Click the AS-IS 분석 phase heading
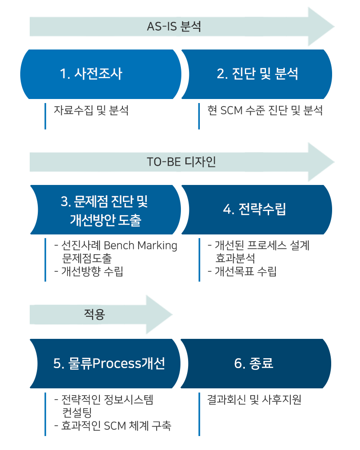174,27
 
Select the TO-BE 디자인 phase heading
181,162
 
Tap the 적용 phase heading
94,314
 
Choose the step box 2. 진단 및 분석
257,74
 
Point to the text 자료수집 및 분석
91,110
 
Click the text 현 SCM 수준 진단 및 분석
265,110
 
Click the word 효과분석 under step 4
235,258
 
